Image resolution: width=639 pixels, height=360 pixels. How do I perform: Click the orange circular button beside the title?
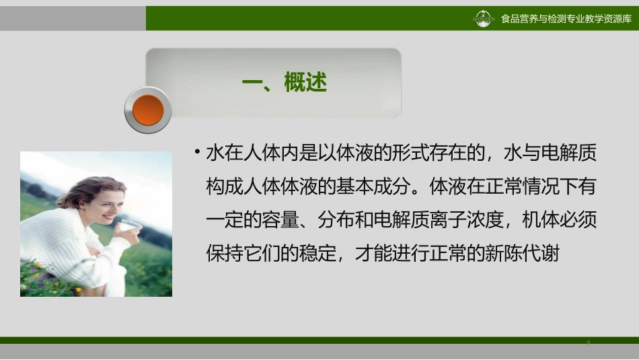[x=148, y=110]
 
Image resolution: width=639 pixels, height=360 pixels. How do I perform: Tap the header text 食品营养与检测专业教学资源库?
[x=566, y=19]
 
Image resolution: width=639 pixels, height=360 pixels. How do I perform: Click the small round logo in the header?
[x=484, y=19]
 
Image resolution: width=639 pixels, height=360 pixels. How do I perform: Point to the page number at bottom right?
[x=588, y=344]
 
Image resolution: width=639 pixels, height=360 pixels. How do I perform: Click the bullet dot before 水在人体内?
[x=196, y=151]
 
